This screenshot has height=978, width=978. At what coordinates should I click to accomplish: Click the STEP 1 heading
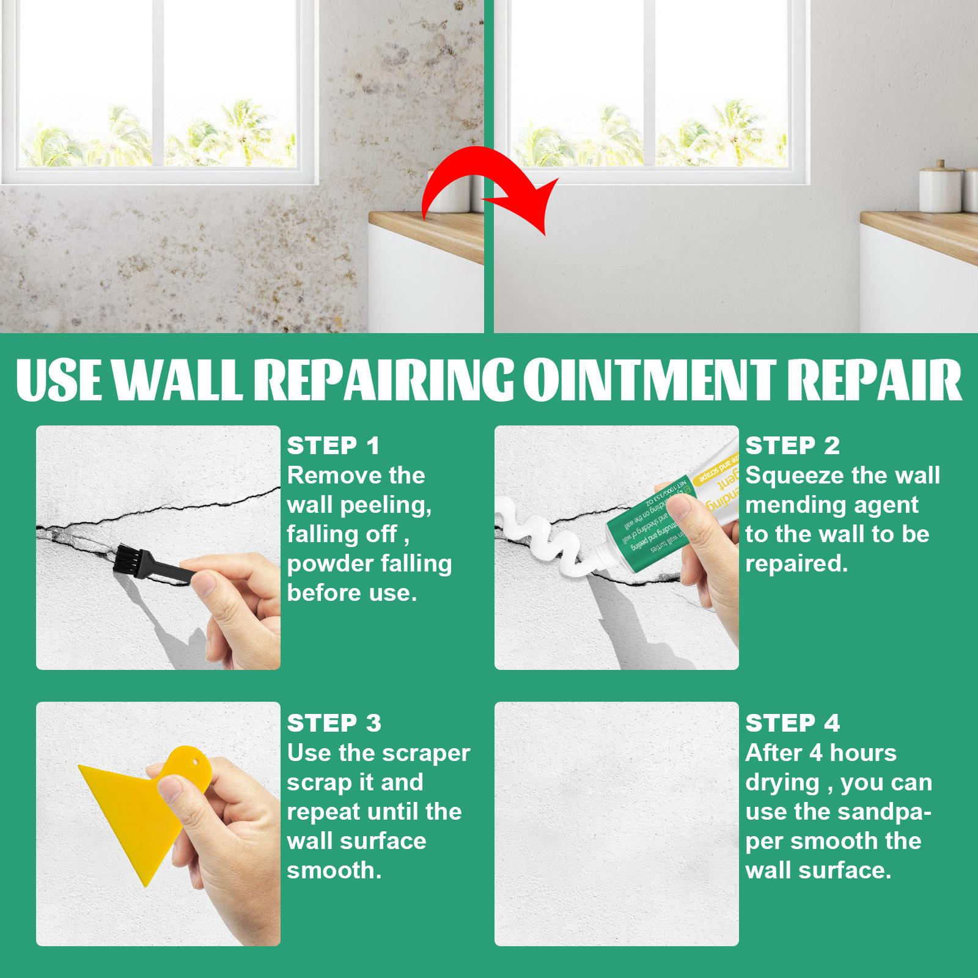point(333,446)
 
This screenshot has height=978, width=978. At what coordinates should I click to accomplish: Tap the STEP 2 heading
point(792,446)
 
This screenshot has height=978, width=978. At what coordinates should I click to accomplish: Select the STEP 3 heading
point(334,723)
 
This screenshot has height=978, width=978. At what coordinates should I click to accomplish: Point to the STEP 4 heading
point(792,723)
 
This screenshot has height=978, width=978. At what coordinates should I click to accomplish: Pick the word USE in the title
point(59,381)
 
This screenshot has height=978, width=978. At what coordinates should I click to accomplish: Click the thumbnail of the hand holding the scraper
point(158,824)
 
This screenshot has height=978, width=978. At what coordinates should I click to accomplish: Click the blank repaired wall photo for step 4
point(616,824)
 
